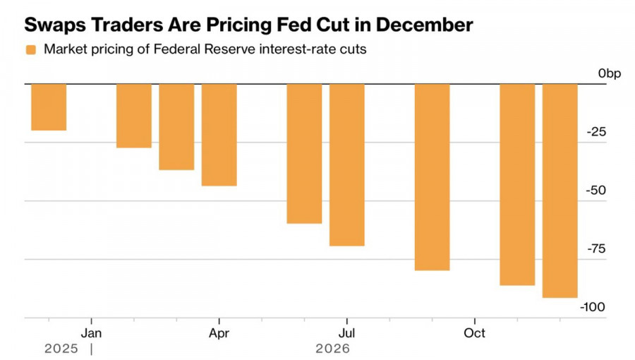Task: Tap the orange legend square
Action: click(31, 49)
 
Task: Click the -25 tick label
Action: click(598, 132)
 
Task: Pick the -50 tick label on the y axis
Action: click(598, 191)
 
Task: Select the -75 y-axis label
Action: click(598, 249)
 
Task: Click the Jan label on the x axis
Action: click(91, 332)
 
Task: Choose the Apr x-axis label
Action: click(219, 332)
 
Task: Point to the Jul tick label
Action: click(346, 332)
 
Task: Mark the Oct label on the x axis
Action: click(474, 332)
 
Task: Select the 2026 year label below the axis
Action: click(332, 349)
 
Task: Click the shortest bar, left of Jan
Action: click(49, 107)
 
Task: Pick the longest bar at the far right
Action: click(560, 191)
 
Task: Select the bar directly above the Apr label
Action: click(219, 135)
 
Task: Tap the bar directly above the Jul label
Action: click(346, 164)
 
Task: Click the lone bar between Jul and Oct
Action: click(432, 177)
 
